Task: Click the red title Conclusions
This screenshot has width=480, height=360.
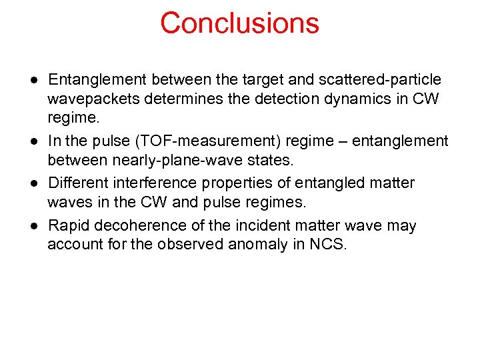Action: tap(239, 23)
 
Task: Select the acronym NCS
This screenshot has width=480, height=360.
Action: tap(327, 245)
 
